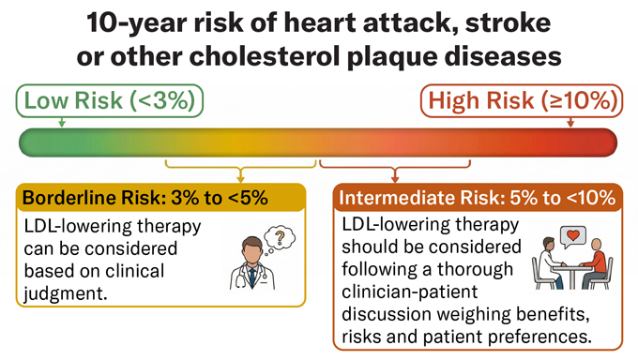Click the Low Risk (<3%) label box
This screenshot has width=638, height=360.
[109, 99]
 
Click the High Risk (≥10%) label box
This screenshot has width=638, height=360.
[522, 99]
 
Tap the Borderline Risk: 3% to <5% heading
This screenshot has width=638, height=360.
[145, 198]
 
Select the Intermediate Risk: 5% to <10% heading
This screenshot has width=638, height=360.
[477, 198]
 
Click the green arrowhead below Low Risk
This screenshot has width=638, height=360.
[61, 124]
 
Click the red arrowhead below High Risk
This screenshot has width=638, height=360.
[570, 124]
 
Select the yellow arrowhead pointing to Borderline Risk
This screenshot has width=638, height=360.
[241, 178]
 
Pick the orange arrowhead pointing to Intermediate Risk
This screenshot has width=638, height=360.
[395, 178]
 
